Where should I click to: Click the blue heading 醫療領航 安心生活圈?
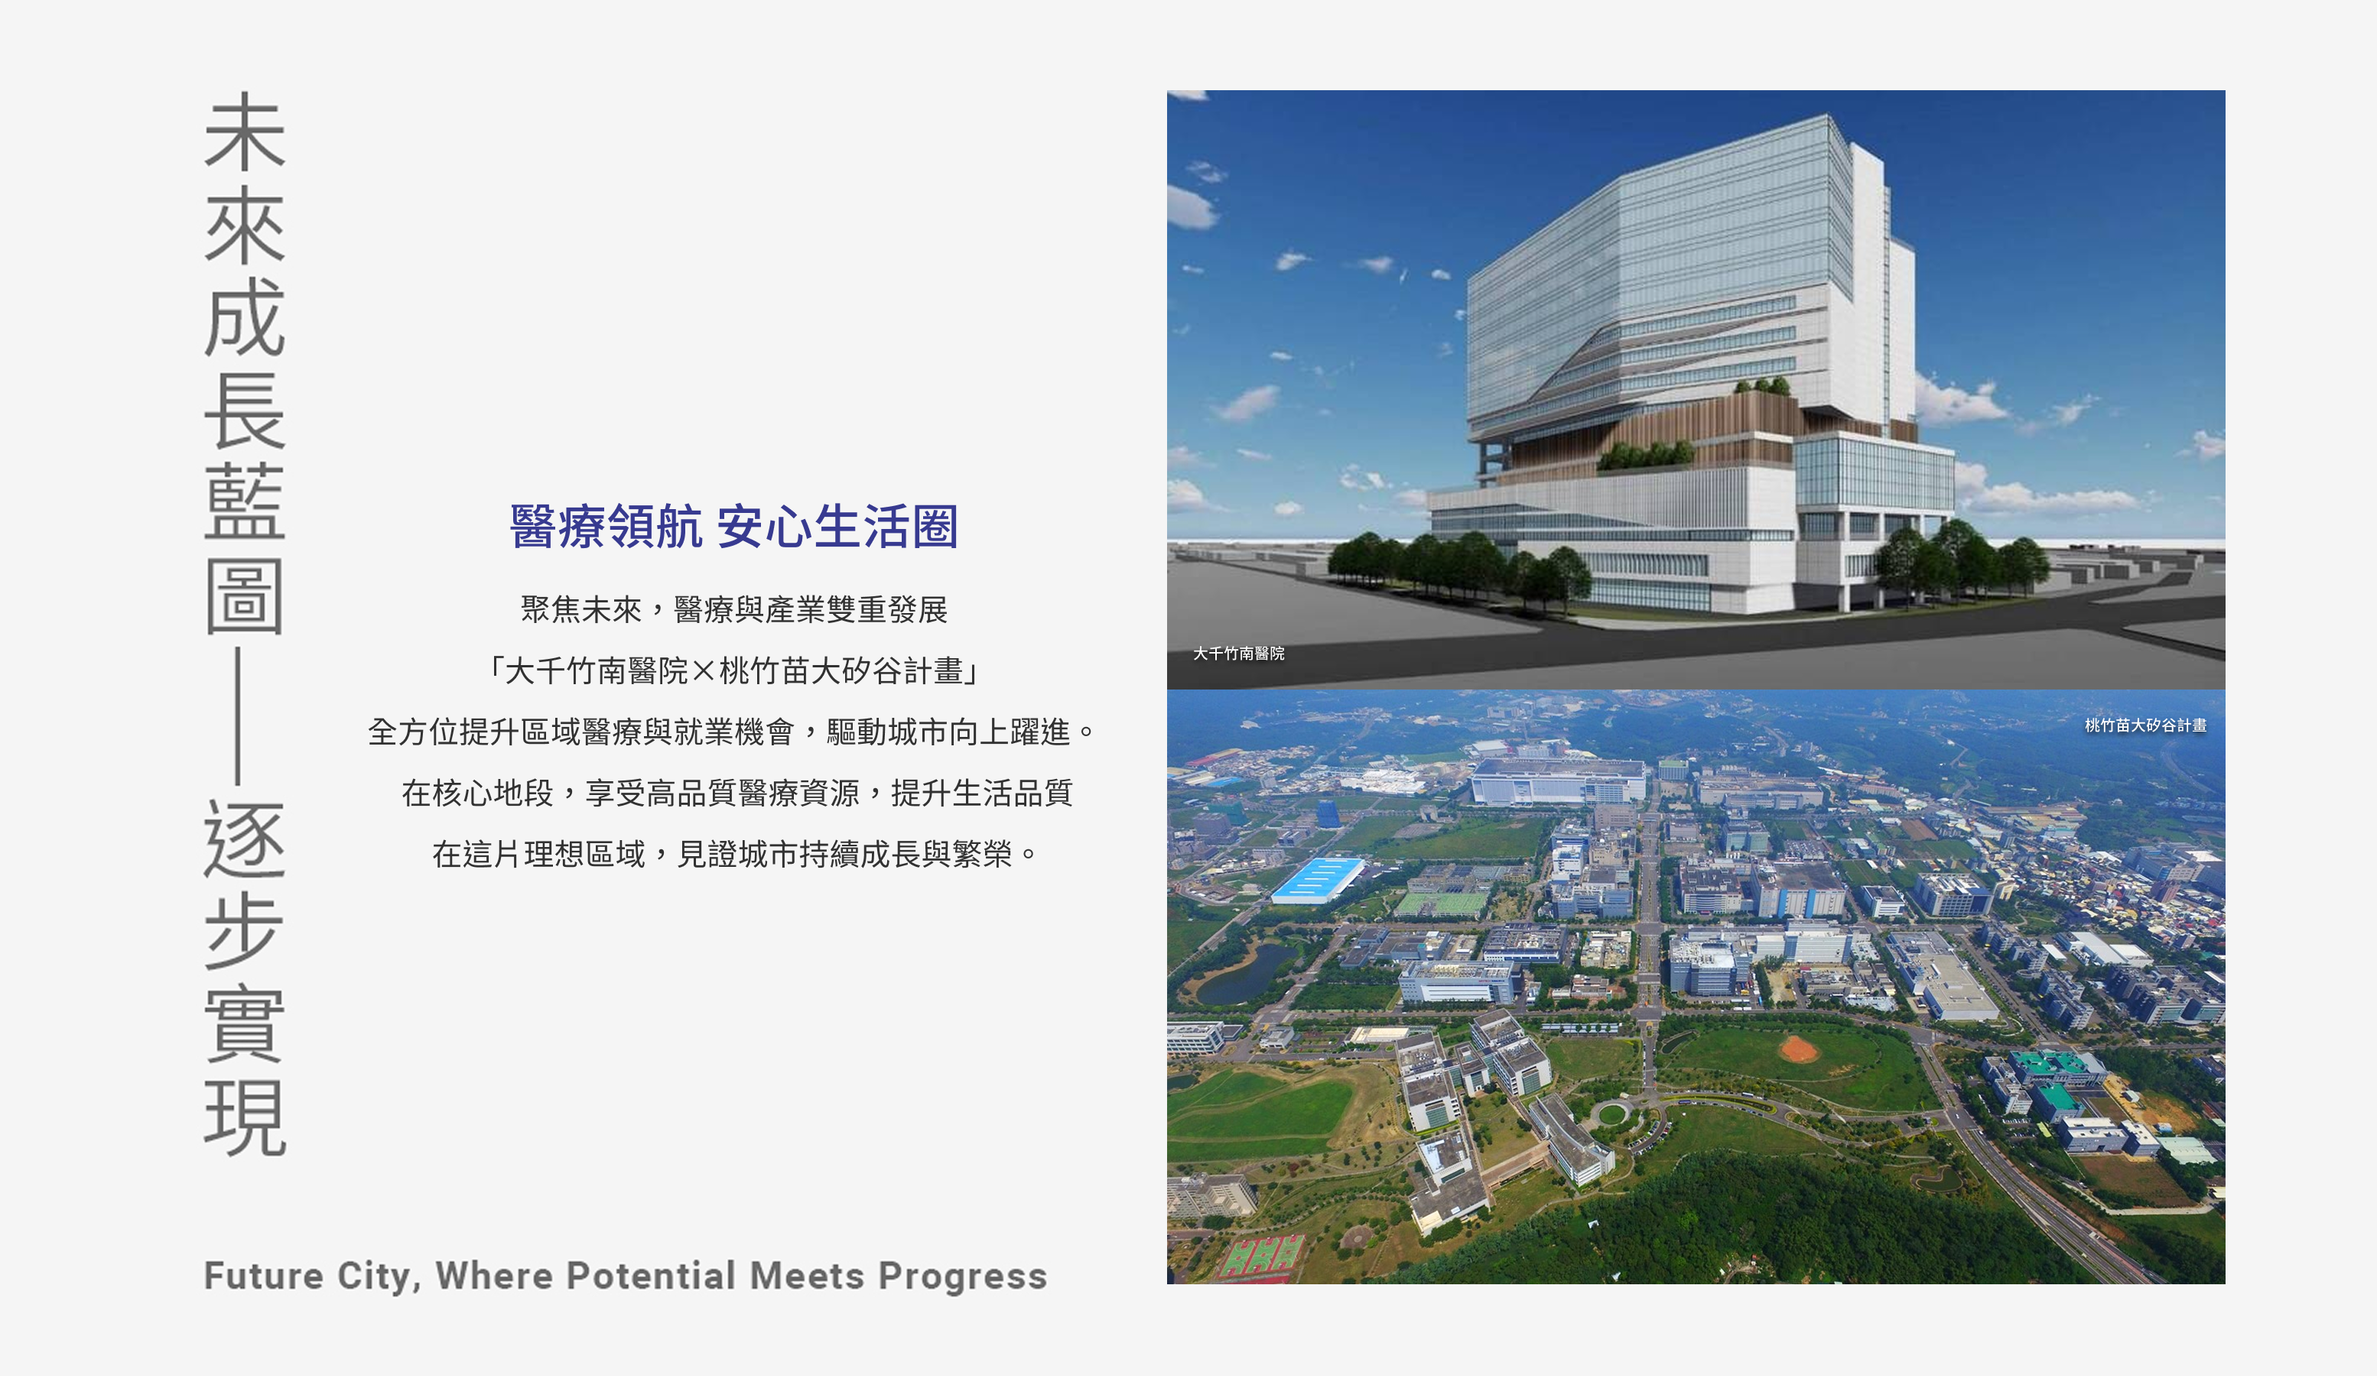tap(734, 526)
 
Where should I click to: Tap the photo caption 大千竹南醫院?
tap(1238, 654)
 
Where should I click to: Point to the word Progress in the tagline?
tap(963, 1277)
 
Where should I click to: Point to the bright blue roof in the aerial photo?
tap(1318, 881)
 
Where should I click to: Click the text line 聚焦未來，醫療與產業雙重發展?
tap(734, 610)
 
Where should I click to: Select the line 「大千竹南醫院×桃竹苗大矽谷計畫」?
tap(734, 671)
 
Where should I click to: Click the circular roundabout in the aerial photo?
tap(1611, 1115)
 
